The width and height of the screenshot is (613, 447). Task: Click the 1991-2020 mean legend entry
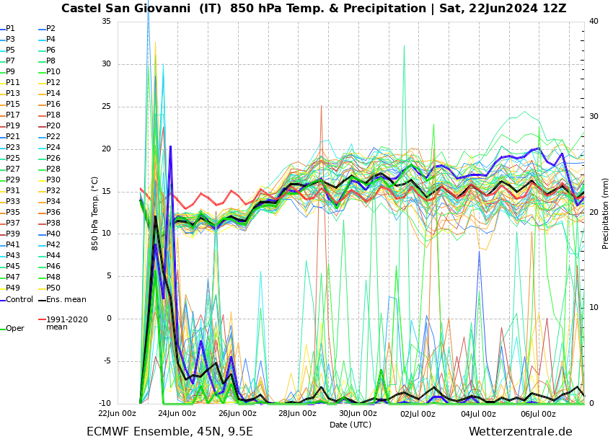[66, 323]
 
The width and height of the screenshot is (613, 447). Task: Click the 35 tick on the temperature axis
[106, 22]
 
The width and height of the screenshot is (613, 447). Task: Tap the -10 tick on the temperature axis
[105, 404]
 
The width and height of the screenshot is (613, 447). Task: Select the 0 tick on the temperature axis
[108, 319]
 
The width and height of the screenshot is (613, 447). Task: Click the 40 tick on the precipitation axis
[594, 22]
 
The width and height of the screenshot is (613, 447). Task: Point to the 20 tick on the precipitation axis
[594, 213]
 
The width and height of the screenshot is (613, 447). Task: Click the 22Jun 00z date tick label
[117, 414]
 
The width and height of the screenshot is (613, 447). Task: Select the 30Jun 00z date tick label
[358, 414]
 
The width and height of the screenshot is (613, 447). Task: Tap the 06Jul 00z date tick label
[538, 414]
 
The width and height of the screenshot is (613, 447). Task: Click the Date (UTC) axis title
[350, 425]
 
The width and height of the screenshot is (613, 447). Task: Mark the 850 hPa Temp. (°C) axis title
[95, 213]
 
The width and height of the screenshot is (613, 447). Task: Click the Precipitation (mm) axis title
[606, 213]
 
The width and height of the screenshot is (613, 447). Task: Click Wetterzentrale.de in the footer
[520, 432]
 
